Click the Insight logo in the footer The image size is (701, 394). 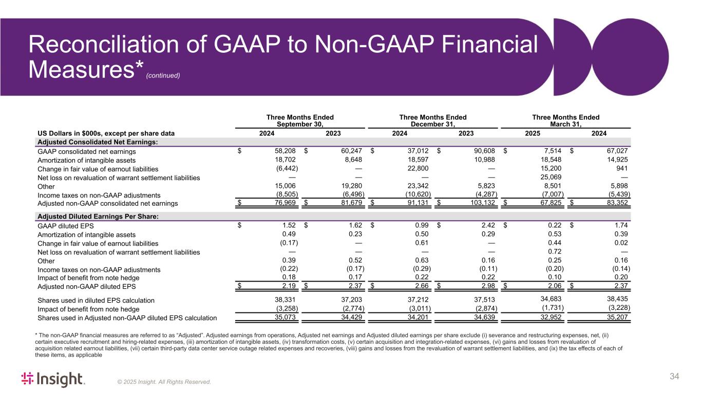pyautogui.click(x=52, y=379)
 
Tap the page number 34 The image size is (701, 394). pyautogui.click(x=674, y=377)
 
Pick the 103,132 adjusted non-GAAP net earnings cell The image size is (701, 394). pyautogui.click(x=482, y=204)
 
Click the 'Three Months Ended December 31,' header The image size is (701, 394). pyautogui.click(x=432, y=121)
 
